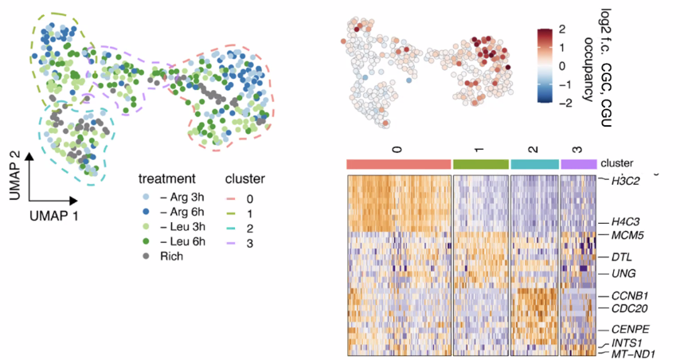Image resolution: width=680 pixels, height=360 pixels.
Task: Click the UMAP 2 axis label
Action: (14, 174)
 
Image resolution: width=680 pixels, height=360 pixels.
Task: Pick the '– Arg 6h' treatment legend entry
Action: (172, 212)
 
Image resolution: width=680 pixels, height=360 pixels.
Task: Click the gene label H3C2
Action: (626, 181)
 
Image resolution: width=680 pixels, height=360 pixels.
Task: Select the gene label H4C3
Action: (626, 221)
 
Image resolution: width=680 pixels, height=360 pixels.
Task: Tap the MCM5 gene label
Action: (627, 237)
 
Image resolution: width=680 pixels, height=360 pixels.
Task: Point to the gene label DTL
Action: (621, 257)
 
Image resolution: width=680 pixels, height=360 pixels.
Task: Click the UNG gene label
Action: (623, 273)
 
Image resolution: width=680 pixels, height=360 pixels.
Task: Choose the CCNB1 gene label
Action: (629, 295)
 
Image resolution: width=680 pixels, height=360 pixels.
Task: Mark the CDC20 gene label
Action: (629, 308)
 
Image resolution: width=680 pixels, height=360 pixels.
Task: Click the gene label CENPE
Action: (628, 328)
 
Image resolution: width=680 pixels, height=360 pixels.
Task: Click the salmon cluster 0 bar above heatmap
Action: (399, 163)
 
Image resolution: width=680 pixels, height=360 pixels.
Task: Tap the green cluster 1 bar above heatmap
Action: (480, 163)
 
